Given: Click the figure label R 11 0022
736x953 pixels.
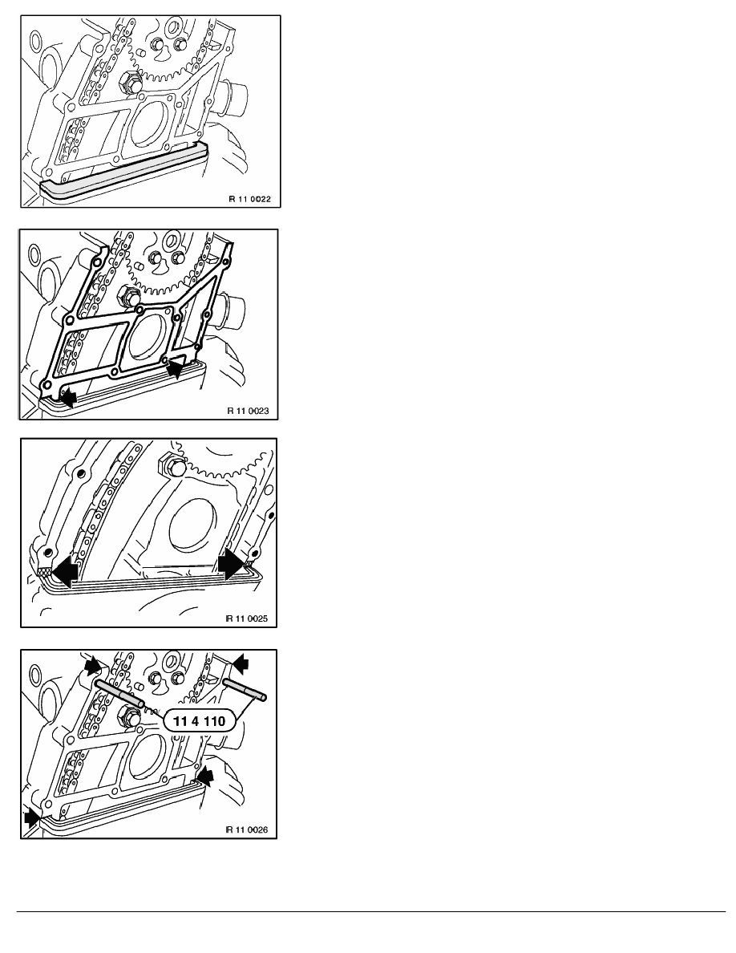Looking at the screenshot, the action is pyautogui.click(x=249, y=199).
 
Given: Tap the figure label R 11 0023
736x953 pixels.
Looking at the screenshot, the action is pyautogui.click(x=248, y=411).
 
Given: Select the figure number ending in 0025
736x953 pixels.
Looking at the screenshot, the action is pyautogui.click(x=247, y=618).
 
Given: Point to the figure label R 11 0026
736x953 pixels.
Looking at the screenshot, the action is pyautogui.click(x=247, y=829).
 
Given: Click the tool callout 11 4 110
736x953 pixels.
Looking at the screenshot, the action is pyautogui.click(x=199, y=721).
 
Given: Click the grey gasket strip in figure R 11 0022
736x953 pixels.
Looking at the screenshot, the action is pyautogui.click(x=121, y=171).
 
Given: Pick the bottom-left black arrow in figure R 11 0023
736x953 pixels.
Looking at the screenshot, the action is pyautogui.click(x=67, y=398).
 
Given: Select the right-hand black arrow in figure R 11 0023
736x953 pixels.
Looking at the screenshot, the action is pyautogui.click(x=176, y=367).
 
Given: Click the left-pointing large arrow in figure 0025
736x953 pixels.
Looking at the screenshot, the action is pyautogui.click(x=65, y=570).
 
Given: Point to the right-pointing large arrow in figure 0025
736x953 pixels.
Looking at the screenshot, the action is pyautogui.click(x=232, y=565).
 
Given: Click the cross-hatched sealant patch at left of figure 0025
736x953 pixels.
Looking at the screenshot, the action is pyautogui.click(x=44, y=572).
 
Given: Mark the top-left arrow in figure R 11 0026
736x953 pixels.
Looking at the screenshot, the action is pyautogui.click(x=93, y=665).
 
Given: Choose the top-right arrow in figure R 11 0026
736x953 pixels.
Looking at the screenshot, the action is pyautogui.click(x=241, y=663).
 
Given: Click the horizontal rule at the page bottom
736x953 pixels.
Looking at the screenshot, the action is pyautogui.click(x=371, y=911).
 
